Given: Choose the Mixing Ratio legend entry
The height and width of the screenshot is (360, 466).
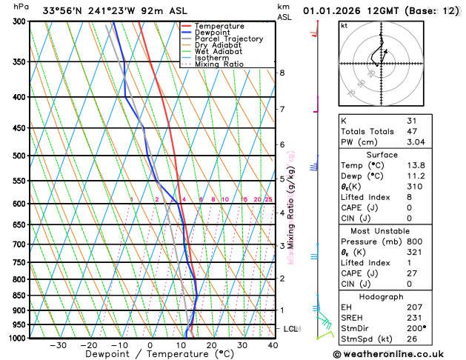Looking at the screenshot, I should [220, 64].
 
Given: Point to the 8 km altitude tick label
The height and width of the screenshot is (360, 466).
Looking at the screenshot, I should [282, 73].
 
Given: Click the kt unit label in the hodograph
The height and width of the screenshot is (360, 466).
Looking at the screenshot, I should [344, 25].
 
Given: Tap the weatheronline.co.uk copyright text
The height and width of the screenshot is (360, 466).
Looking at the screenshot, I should [403, 353].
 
